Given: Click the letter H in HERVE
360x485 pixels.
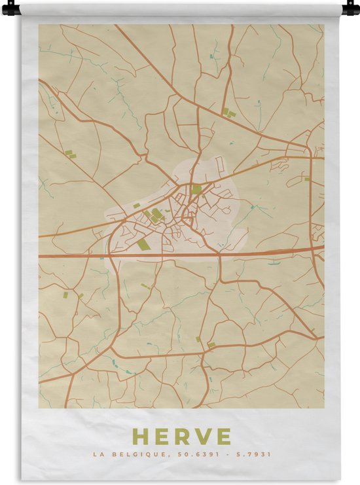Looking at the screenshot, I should pos(140,436).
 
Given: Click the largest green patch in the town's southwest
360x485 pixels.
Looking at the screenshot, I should pos(143,244).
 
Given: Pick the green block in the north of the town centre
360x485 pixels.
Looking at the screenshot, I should pos(196,189).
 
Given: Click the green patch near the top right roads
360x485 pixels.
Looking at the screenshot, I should pos(228,113).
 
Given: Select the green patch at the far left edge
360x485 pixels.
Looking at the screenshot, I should pos(68,153).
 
